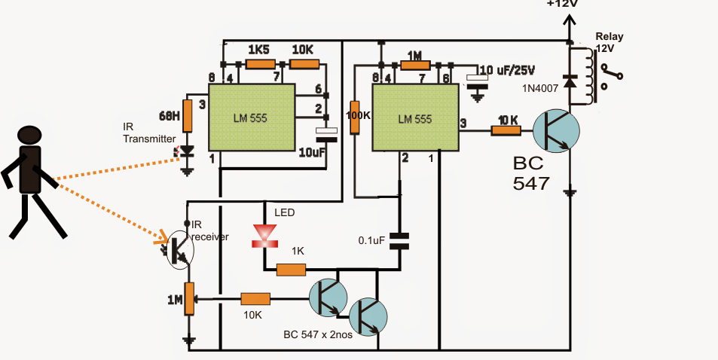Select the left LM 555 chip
[x=251, y=118]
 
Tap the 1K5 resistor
[x=260, y=66]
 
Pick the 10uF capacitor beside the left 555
[x=326, y=135]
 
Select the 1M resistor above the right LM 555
[x=414, y=66]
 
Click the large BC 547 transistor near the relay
[x=554, y=130]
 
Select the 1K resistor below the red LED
[x=291, y=269]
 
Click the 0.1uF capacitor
[x=399, y=240]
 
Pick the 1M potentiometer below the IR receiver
[x=188, y=300]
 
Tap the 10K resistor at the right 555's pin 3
[x=506, y=130]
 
